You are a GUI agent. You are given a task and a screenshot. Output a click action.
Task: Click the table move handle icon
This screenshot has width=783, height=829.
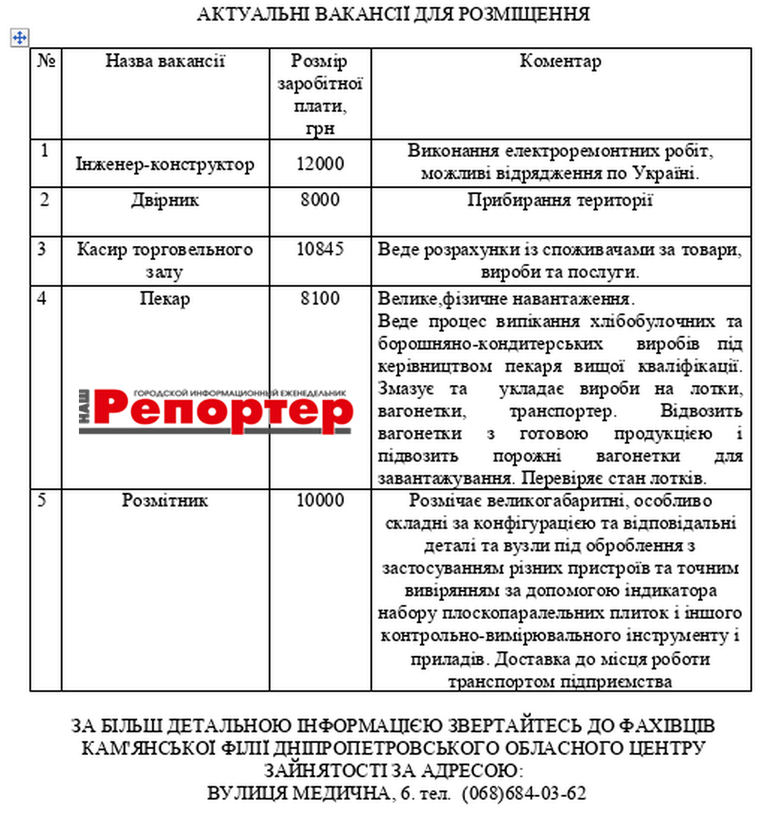[20, 38]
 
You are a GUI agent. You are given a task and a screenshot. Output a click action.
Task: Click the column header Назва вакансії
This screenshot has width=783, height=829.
[165, 61]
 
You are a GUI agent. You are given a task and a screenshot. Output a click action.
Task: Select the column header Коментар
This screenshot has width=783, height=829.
[560, 61]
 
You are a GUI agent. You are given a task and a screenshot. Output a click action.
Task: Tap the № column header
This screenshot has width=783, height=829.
[46, 61]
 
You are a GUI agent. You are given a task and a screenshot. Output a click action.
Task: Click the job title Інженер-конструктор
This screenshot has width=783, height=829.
[165, 164]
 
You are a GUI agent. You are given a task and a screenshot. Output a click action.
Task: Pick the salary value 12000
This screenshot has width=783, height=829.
[320, 164]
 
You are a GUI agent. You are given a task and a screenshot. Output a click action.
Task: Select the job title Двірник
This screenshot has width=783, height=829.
[165, 200]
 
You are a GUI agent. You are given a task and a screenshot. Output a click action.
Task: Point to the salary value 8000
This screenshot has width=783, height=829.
[320, 200]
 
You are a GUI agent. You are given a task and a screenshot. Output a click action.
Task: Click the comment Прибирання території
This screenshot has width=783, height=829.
[560, 200]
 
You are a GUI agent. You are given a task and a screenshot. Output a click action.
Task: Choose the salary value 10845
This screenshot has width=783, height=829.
[320, 249]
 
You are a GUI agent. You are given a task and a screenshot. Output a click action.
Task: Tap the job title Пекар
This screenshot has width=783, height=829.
[165, 299]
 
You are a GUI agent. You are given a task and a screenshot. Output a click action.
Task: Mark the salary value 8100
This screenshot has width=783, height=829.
[320, 299]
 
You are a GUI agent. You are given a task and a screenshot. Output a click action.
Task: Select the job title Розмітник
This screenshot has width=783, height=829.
[165, 501]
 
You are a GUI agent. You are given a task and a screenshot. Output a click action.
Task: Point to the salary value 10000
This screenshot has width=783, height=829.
[320, 501]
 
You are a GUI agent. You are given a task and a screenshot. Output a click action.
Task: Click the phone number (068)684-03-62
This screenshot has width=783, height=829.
[524, 794]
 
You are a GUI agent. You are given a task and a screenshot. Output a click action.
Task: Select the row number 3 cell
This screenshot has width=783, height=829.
[43, 249]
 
